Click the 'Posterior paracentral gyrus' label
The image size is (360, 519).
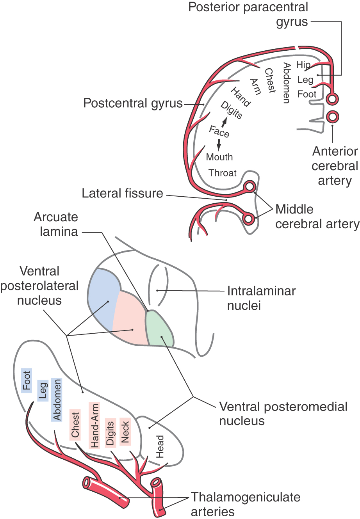pos(248,14)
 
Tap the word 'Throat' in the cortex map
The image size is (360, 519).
pos(223,173)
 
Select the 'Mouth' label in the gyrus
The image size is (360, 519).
pos(219,157)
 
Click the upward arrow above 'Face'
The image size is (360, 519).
pos(224,123)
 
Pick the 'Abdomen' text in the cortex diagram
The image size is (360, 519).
pos(287,83)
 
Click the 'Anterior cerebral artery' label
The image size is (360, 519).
pos(335,166)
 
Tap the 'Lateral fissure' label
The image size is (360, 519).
pos(122,193)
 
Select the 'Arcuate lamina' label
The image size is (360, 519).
pos(56,224)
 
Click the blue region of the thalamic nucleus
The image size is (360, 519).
pos(103,297)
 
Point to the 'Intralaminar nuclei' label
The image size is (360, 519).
pos(261,298)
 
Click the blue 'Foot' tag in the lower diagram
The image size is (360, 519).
pos(27,380)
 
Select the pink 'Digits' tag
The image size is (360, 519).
pos(110,433)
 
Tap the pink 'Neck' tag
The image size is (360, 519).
pos(125,432)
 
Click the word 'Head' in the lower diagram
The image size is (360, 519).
pos(160,446)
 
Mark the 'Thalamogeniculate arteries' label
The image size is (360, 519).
pos(245,504)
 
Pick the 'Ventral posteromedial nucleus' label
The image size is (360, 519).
pos(283,414)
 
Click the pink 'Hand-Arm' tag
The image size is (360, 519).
pos(94,426)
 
